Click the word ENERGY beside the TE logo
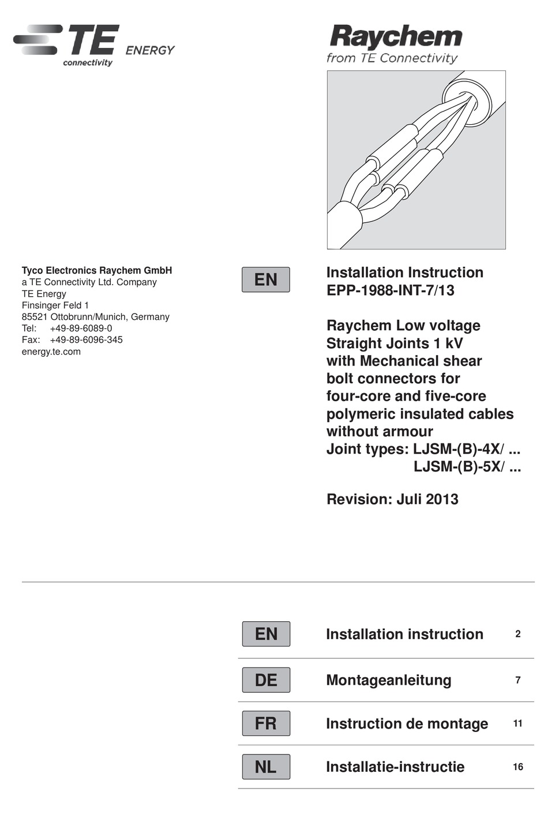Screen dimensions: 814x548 pos(149,50)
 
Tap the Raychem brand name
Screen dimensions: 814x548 pos(396,36)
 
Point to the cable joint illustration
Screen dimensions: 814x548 pos(416,160)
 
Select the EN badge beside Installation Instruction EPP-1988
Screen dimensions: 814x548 pos(265,279)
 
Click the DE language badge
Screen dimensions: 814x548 pos(265,680)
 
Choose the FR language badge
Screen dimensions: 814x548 pos(265,723)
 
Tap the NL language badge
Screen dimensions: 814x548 pos(265,767)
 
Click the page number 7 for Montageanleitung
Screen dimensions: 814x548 pos(518,680)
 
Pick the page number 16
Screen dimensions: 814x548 pos(518,767)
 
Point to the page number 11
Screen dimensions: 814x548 pos(518,723)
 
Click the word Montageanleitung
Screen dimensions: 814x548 pos(389,680)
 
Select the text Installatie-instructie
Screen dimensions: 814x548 pos(395,767)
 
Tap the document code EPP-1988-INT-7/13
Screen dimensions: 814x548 pos(391,290)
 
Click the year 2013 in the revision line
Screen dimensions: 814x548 pos(442,499)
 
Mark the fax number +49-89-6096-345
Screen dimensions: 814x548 pos(86,340)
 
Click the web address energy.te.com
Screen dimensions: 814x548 pos(51,352)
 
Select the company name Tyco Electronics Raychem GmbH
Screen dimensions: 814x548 pos(97,270)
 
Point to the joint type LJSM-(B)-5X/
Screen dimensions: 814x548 pos(459,466)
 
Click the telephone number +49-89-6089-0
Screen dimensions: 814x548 pos(81,328)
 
